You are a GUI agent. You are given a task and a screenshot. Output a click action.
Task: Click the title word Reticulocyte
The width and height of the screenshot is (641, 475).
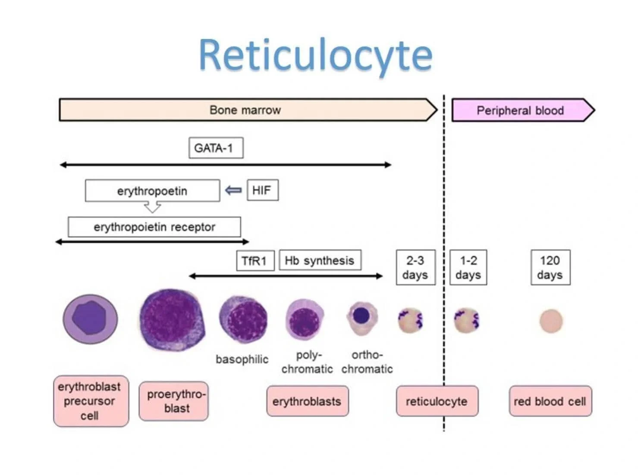pos(315,55)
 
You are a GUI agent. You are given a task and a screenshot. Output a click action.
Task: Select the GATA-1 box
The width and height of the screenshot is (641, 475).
pos(216,148)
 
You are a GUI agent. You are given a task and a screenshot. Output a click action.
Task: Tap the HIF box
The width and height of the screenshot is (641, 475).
pos(262,190)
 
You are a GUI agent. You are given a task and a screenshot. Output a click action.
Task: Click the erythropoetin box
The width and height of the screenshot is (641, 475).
pos(152,191)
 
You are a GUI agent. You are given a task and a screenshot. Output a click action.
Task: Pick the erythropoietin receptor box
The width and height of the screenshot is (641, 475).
pos(154,227)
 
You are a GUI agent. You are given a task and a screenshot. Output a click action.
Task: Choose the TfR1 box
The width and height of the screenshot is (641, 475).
pos(255,261)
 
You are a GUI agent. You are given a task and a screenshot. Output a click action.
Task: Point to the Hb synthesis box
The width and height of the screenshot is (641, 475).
pos(320,260)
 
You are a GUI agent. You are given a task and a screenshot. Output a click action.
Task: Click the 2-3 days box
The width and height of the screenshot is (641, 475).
pos(415,267)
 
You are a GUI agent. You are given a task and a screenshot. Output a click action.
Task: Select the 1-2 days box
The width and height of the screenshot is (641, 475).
pos(468,267)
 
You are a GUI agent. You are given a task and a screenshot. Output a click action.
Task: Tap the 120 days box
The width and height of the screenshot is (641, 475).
pos(550,267)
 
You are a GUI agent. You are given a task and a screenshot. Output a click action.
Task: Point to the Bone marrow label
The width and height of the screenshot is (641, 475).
pos(245,110)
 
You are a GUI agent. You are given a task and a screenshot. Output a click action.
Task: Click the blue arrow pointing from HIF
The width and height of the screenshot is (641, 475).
pos(233,190)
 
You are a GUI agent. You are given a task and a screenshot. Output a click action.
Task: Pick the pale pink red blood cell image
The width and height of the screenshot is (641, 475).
pos(551,321)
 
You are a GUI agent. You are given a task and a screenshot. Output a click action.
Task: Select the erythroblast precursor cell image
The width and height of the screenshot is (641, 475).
pos(90,319)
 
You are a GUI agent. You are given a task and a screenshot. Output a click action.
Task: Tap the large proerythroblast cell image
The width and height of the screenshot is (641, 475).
pos(172,319)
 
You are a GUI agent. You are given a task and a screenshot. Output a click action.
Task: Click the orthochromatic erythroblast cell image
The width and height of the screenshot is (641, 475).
pos(362,318)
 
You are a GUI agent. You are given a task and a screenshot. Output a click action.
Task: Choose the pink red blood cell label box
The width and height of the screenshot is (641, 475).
pos(550,401)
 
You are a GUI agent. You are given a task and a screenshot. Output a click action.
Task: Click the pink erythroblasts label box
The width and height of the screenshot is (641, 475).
pos(307,401)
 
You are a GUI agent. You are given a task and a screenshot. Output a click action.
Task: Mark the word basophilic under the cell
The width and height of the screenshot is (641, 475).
pos(242,359)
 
